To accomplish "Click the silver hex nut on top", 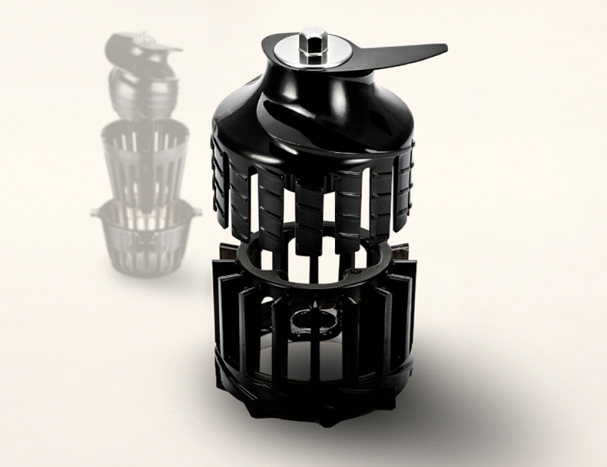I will (310, 41).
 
